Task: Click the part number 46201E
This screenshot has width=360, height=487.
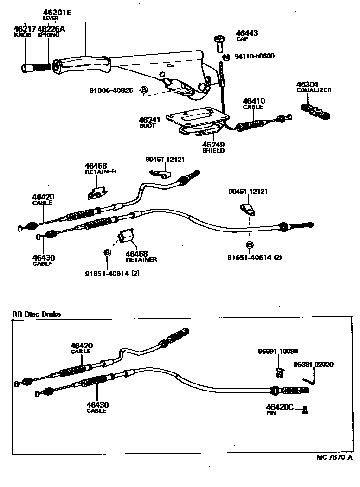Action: click(x=57, y=13)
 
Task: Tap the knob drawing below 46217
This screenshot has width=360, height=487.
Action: click(x=27, y=68)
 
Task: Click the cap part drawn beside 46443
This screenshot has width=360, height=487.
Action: click(x=220, y=43)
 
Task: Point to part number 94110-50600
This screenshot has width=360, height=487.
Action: click(x=254, y=57)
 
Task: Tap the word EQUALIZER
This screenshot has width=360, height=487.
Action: click(x=314, y=90)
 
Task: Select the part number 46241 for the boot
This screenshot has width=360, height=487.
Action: click(x=150, y=120)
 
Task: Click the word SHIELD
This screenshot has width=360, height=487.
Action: click(x=213, y=151)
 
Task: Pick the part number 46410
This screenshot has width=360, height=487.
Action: click(x=253, y=101)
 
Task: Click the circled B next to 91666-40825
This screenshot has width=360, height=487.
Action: click(x=144, y=90)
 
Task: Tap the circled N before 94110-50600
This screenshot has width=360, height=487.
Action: click(x=226, y=57)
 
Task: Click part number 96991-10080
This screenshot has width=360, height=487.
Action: click(x=278, y=351)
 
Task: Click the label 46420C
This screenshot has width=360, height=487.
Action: click(x=280, y=407)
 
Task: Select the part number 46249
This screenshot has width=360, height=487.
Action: click(x=213, y=145)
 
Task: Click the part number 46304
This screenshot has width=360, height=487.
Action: click(x=307, y=84)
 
